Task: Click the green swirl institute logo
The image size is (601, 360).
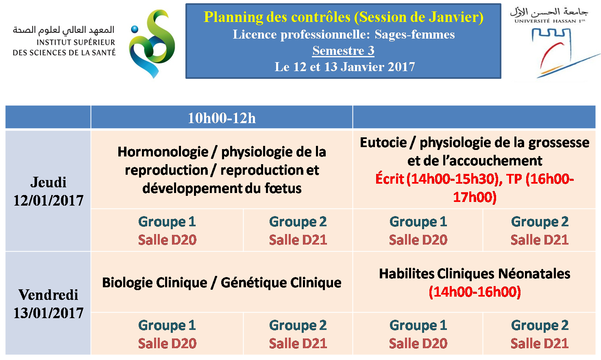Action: pyautogui.click(x=152, y=44)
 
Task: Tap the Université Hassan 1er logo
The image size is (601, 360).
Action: pyautogui.click(x=554, y=43)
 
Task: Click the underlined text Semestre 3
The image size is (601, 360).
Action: pyautogui.click(x=343, y=51)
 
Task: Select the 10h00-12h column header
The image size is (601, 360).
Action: pyautogui.click(x=222, y=118)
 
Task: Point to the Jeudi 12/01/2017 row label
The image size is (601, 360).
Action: pyautogui.click(x=48, y=191)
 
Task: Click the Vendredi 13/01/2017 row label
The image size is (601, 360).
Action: pyautogui.click(x=48, y=304)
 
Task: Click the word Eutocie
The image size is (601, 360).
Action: pyautogui.click(x=383, y=143)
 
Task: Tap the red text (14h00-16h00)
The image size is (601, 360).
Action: pyautogui.click(x=475, y=292)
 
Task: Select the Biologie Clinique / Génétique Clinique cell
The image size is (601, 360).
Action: pyautogui.click(x=222, y=282)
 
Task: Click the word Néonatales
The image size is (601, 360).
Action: pyautogui.click(x=534, y=274)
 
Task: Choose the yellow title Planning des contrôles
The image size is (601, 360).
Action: pyautogui.click(x=277, y=17)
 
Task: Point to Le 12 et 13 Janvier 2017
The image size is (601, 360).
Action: pyautogui.click(x=344, y=67)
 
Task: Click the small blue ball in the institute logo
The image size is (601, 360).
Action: pyautogui.click(x=135, y=29)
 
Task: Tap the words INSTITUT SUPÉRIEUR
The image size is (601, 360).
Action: pyautogui.click(x=76, y=42)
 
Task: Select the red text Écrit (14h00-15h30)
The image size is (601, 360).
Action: pyautogui.click(x=438, y=179)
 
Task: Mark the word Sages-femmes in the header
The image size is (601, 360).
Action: pyautogui.click(x=414, y=35)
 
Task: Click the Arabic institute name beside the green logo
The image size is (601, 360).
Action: pyautogui.click(x=63, y=30)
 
